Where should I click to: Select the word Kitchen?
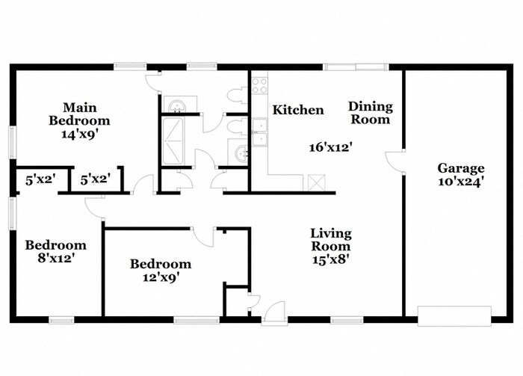[298, 111]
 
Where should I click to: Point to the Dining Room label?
[370, 113]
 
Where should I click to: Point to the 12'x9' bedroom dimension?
[160, 277]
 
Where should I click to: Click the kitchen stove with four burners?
[259, 84]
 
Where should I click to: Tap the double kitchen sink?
[259, 132]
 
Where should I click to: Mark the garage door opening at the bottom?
[454, 316]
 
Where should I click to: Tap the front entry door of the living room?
[273, 313]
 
